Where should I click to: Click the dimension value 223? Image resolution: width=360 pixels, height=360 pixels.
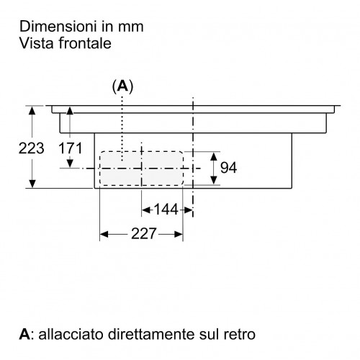[x=32, y=148]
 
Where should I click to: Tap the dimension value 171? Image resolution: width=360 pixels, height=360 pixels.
[x=71, y=148]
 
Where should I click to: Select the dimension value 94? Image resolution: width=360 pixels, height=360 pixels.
[x=228, y=168]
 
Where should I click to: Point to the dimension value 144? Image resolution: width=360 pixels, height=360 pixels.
[x=166, y=210]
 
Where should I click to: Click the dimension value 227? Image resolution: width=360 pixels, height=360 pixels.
[x=144, y=233]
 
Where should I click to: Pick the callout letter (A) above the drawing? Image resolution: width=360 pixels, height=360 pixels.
[x=122, y=86]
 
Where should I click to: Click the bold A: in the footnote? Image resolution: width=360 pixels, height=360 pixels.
[x=25, y=334]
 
